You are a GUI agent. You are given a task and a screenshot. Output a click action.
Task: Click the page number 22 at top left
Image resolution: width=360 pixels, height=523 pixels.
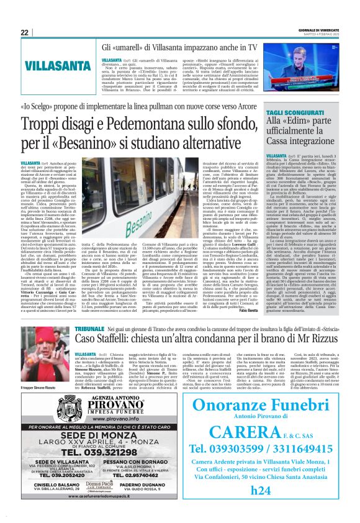tap(25, 32)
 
